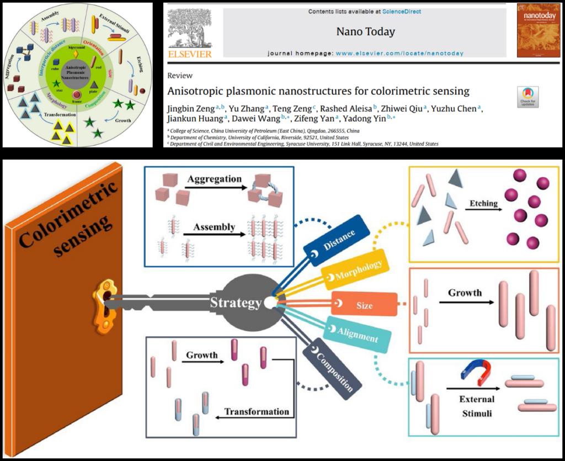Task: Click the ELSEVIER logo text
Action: click(x=190, y=54)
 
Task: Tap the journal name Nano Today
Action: click(x=365, y=31)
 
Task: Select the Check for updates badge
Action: click(x=527, y=97)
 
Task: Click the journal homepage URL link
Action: click(x=399, y=54)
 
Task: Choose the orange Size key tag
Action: click(x=364, y=305)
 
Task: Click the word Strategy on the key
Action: click(x=235, y=303)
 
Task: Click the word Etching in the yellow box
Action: click(x=483, y=203)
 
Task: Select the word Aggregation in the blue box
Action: click(x=214, y=179)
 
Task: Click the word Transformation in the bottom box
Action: click(x=257, y=412)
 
